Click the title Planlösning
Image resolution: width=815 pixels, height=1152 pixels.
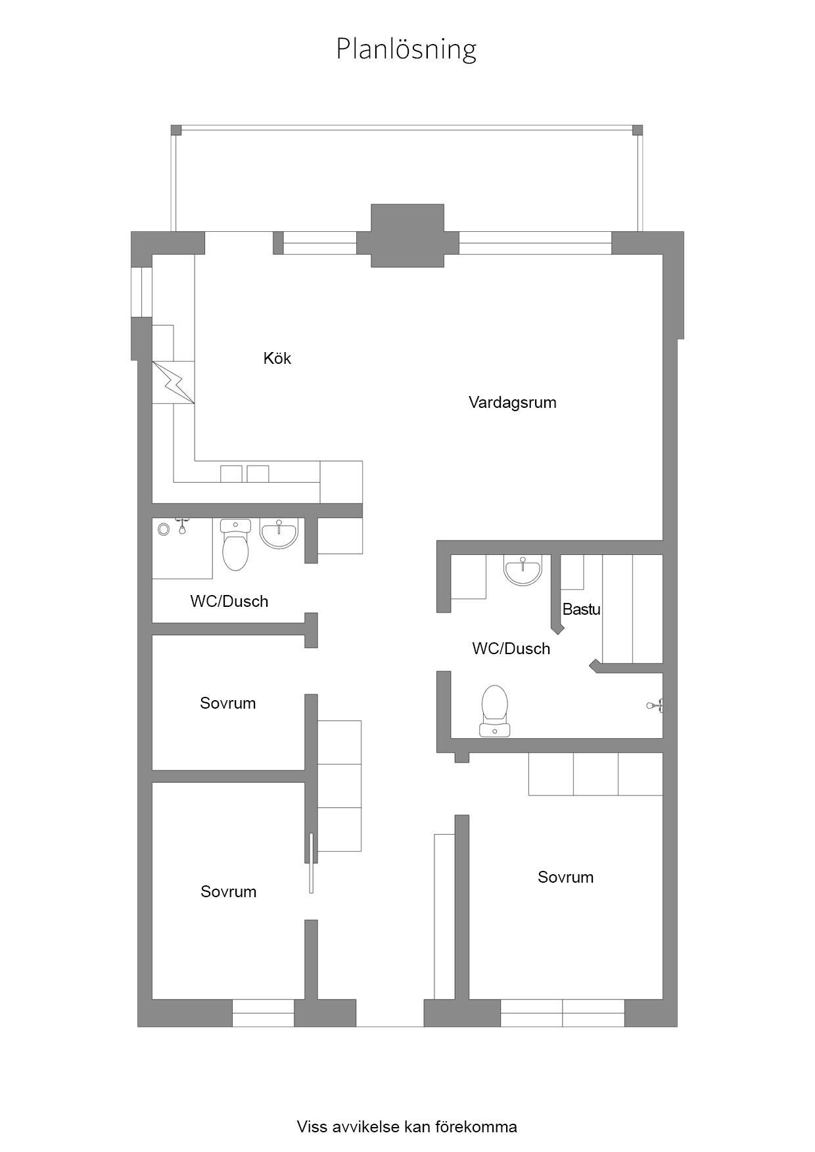tap(406, 49)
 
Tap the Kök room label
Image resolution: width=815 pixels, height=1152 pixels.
tap(277, 358)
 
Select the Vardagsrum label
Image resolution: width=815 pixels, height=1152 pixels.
tap(513, 402)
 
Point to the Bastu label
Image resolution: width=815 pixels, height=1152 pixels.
tap(582, 609)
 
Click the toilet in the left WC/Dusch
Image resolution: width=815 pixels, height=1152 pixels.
tap(236, 544)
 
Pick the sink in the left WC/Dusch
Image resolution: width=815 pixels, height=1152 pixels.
tap(279, 533)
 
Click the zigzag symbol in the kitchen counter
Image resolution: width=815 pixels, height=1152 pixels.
tap(174, 382)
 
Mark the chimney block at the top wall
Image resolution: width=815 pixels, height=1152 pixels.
tap(407, 236)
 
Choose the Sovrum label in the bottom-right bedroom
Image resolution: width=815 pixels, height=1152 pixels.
tap(565, 877)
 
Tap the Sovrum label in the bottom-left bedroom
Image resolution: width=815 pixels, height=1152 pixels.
tap(228, 891)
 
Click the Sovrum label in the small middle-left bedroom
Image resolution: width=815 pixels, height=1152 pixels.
tap(227, 703)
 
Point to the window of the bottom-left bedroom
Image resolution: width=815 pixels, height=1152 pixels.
tap(263, 1013)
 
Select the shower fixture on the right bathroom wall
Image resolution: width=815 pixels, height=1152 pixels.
tap(655, 705)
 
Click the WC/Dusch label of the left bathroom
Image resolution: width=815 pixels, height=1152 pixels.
tap(229, 601)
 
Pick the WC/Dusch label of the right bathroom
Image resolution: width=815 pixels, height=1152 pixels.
tap(511, 648)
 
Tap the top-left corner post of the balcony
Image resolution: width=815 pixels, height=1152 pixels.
tap(175, 129)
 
